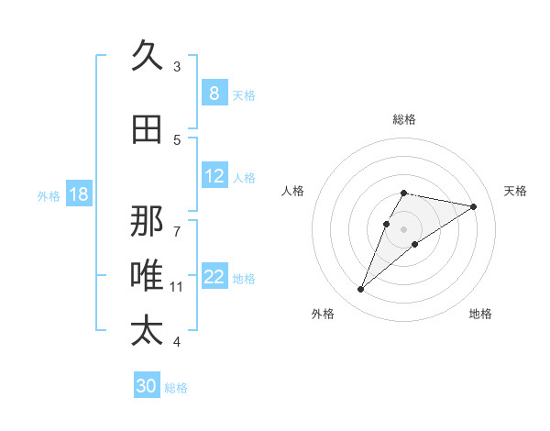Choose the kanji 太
point(147,331)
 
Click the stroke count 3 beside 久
point(177,66)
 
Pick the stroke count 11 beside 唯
point(177,286)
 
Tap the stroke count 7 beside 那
point(177,223)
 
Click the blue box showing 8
point(214,94)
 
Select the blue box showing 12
point(214,177)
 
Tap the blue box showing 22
point(214,278)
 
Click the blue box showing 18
point(78,194)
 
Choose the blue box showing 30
point(146,386)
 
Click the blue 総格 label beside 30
point(176,388)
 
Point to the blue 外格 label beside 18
point(49,195)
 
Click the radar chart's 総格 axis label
point(403,119)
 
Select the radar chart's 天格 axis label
point(515,191)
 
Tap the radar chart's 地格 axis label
point(480,314)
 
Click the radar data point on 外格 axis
point(360,290)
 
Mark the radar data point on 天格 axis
point(473,206)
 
